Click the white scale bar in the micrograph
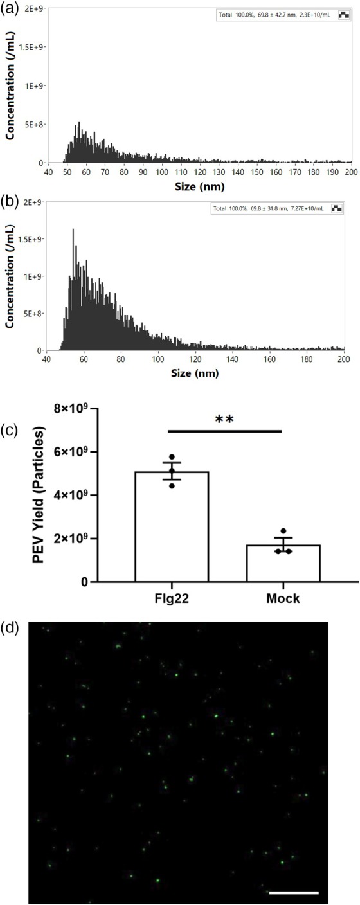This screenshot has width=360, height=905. click(x=293, y=892)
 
